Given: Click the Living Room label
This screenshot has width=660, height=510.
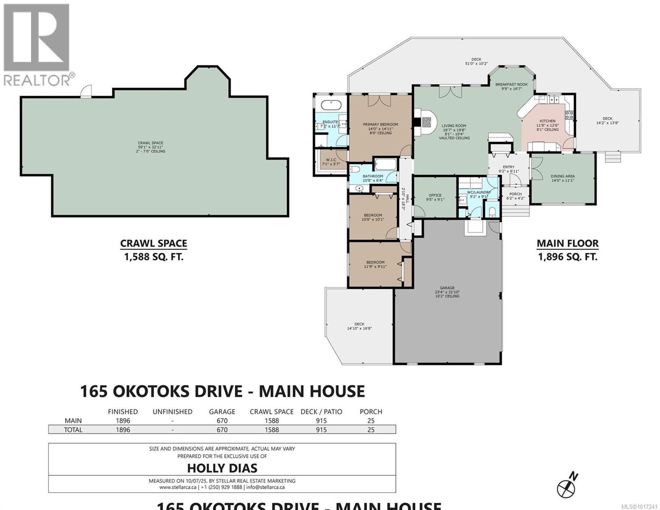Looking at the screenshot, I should pos(454,126).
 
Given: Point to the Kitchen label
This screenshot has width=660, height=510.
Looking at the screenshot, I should pos(547,121).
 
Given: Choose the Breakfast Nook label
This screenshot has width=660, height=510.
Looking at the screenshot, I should pos(511,85).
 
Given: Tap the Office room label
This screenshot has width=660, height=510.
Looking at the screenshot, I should pos(435,195).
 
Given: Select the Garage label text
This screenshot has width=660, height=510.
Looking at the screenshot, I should pos(447,288).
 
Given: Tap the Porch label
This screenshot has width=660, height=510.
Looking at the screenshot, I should pos(515,194).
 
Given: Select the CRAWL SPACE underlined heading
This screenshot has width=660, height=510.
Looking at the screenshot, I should pos(154,244).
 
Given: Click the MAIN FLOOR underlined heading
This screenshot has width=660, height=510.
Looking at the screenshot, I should pos(567,244).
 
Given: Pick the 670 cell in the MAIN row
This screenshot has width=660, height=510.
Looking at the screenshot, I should pos(222,421).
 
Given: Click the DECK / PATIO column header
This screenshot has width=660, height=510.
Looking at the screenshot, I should pos(321,411).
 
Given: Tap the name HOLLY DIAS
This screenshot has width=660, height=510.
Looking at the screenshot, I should pos(222,468).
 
